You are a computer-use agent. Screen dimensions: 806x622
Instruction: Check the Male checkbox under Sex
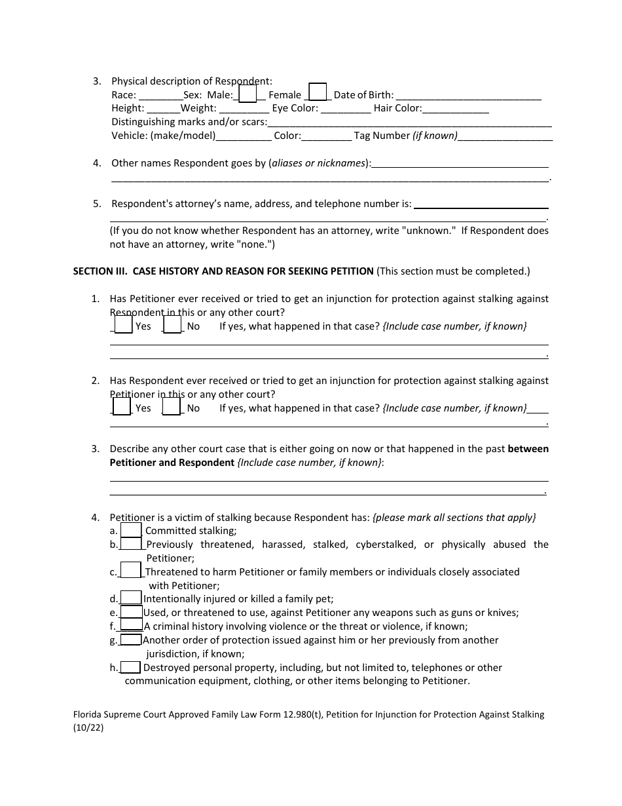click(247, 94)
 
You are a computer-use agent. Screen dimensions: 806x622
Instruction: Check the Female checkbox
click(318, 92)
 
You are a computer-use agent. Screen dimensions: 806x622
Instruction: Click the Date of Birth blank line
click(468, 96)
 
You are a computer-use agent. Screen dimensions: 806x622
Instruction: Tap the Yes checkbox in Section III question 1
click(123, 324)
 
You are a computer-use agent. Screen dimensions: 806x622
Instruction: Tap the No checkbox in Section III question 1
click(172, 324)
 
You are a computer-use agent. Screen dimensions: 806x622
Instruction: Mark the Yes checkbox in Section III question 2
click(122, 406)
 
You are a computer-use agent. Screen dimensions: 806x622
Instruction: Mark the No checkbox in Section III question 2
click(172, 406)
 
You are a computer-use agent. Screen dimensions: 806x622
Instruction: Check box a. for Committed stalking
click(131, 529)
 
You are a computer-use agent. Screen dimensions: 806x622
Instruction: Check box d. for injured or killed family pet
click(131, 598)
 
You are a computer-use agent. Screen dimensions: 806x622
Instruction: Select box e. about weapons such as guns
click(131, 611)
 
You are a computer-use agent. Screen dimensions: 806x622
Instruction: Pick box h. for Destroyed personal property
click(130, 667)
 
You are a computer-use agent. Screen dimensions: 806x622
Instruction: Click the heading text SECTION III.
click(100, 271)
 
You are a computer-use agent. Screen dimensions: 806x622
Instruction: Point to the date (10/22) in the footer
click(88, 727)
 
